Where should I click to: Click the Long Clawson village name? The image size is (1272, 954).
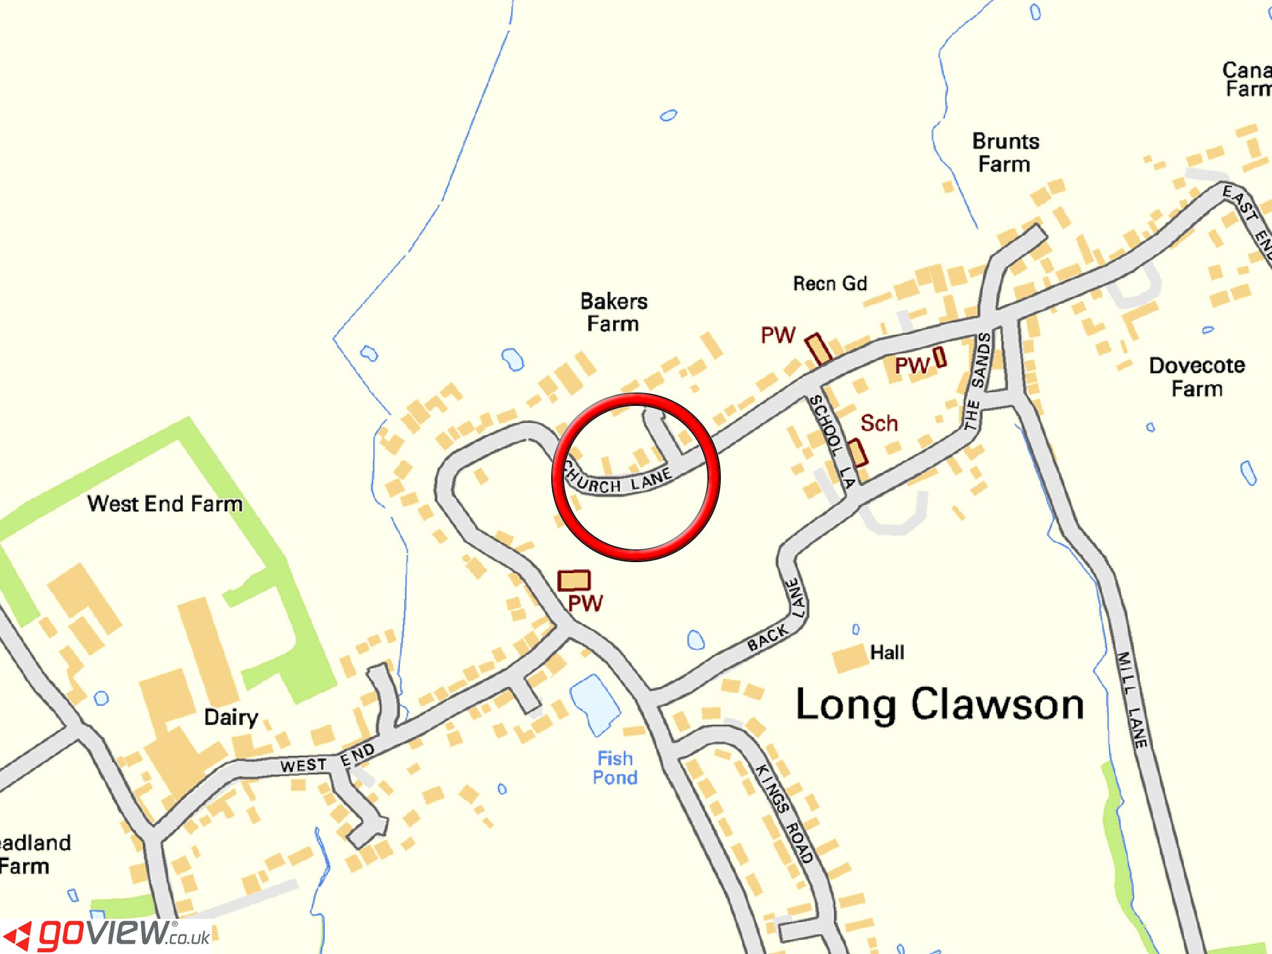coord(939,705)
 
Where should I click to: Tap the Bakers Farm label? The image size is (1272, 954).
coord(614,312)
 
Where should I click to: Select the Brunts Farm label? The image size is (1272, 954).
coord(1005,153)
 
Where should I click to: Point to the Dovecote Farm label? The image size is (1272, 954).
coord(1197,377)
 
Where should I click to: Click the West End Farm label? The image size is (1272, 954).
coord(165,504)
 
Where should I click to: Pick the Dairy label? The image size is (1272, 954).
coord(231,718)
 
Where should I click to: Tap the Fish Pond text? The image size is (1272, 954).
coord(615,768)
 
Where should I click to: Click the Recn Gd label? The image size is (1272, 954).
coord(830,283)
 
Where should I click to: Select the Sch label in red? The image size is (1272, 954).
coord(879,423)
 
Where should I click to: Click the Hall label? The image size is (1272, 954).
coord(887,652)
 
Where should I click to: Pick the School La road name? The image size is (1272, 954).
coord(833,441)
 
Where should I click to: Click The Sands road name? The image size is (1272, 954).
coord(977,381)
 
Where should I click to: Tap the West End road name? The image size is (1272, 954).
coord(328,760)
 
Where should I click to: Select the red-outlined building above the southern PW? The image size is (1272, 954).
coord(574,580)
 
